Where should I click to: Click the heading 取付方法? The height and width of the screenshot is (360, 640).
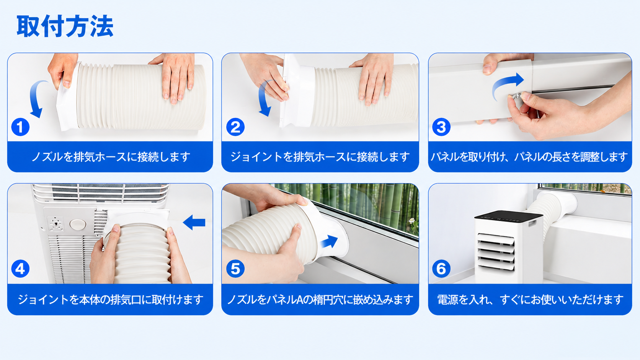[x=65, y=26]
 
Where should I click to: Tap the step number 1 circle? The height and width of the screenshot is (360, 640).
[x=20, y=127]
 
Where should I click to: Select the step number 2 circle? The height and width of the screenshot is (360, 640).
[x=235, y=127]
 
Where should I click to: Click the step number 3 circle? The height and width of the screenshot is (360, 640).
[x=441, y=127]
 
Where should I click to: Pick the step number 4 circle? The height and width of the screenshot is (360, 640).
[x=20, y=269]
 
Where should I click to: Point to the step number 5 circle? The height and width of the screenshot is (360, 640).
[x=235, y=269]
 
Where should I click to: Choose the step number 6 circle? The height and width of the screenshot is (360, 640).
[x=441, y=269]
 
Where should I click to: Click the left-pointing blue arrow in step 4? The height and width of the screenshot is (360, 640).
[x=194, y=222]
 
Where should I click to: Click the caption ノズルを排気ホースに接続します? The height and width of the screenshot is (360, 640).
[x=111, y=157]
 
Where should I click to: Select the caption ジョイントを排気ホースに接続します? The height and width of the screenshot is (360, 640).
[x=320, y=157]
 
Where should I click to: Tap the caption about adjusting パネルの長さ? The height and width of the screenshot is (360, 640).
[x=529, y=157]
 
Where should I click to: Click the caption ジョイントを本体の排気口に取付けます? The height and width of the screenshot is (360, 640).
[x=111, y=300]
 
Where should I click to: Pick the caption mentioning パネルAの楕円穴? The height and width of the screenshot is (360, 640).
[x=320, y=300]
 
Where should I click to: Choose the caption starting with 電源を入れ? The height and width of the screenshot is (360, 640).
[x=530, y=300]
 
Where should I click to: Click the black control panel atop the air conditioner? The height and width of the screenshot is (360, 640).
[x=509, y=217]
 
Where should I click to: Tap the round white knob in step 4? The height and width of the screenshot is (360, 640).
[x=78, y=225]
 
